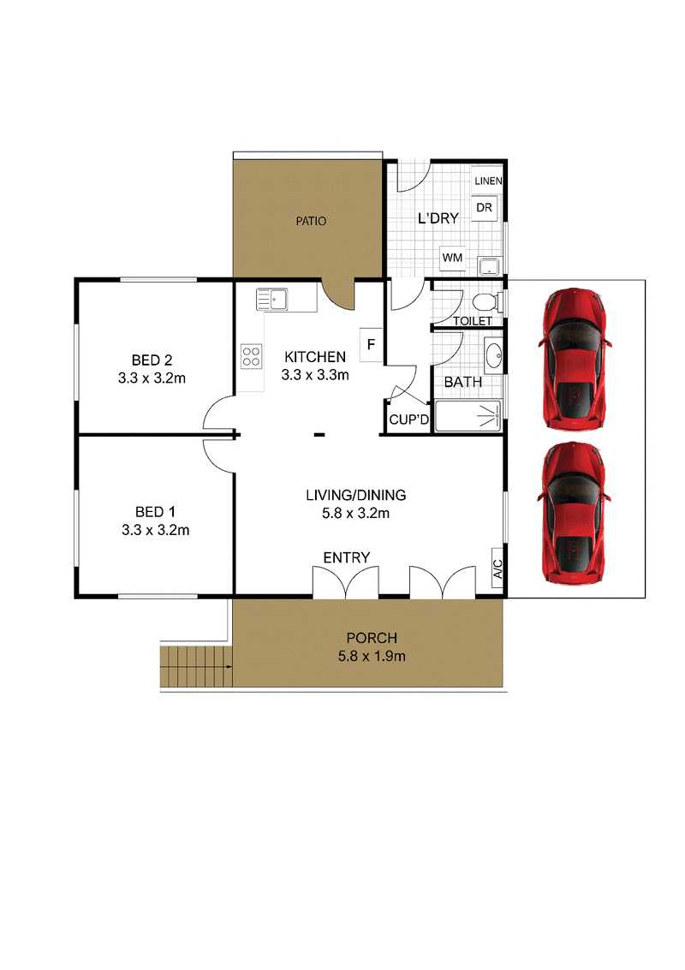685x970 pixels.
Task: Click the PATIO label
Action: click(311, 221)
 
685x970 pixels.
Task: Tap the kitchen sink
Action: click(271, 300)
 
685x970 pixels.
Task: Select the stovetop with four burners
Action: click(251, 357)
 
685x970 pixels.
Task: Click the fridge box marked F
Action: click(371, 344)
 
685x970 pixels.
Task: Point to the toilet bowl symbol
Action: click(485, 302)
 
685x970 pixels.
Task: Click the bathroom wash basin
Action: click(493, 355)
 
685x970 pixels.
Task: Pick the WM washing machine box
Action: click(452, 258)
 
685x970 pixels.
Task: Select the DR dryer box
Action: click(484, 208)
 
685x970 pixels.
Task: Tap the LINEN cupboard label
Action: click(488, 181)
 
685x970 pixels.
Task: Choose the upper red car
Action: click(575, 358)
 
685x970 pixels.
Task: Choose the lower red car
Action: click(575, 512)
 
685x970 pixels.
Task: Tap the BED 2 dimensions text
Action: click(152, 378)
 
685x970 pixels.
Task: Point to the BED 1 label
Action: click(155, 512)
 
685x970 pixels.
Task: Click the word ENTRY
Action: click(347, 557)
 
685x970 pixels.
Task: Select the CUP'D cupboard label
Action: click(408, 420)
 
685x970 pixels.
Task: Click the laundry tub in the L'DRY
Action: click(490, 266)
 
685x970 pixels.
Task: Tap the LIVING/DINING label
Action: click(356, 495)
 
